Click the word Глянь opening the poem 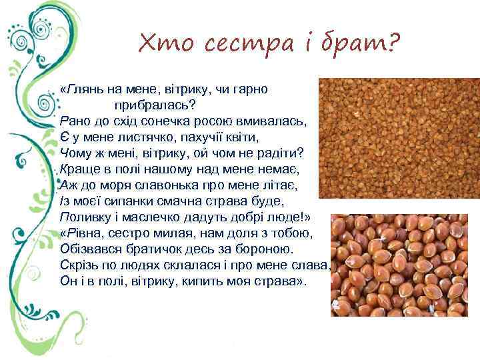pos(86,89)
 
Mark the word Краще pos(77,169)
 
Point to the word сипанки pos(123,201)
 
